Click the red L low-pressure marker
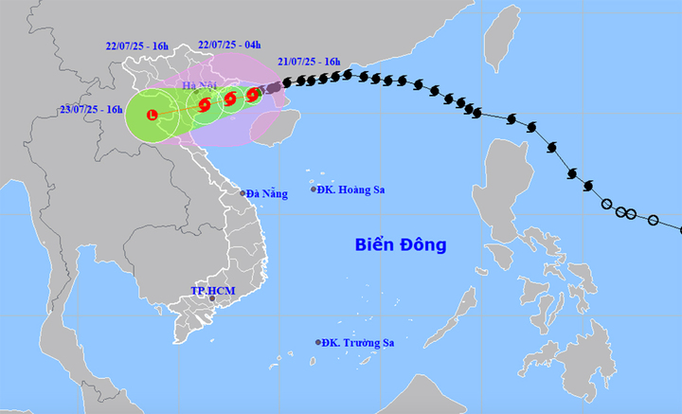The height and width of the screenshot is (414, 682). (x=153, y=115)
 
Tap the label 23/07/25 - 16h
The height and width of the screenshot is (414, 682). (x=91, y=110)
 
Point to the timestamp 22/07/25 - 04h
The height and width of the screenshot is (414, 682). (x=229, y=45)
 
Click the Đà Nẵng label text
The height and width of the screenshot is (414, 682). (x=266, y=194)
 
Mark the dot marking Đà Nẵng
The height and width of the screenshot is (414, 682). (x=243, y=193)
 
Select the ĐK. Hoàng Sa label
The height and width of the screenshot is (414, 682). (x=353, y=189)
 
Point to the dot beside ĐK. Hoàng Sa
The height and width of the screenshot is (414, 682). (x=315, y=189)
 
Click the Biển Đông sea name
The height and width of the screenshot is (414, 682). (x=401, y=245)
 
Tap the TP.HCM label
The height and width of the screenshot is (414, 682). (x=210, y=289)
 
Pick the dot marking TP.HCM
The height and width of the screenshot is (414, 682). (x=212, y=299)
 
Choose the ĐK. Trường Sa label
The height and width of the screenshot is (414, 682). (x=358, y=343)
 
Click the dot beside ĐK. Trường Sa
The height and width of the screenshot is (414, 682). (x=317, y=342)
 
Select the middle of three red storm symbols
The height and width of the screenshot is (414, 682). (x=230, y=99)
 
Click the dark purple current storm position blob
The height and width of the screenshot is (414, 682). (x=272, y=88)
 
